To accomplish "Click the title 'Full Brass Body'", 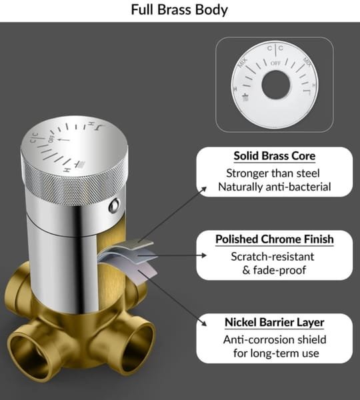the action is [x=179, y=10].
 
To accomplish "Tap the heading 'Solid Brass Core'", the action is [x=275, y=156].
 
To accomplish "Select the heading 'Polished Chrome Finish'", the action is [x=275, y=239].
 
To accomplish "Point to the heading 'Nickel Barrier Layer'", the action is [x=275, y=323].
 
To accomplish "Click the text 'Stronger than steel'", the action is [x=273, y=173].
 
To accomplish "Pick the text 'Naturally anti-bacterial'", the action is [x=275, y=187].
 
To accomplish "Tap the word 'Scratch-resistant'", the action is [x=273, y=257].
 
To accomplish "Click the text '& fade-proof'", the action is [x=274, y=270].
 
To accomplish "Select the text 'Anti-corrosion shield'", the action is [x=275, y=340].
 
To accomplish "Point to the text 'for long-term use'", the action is [x=276, y=353].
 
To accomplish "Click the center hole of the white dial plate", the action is [x=276, y=85].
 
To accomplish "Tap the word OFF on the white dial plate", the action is [x=275, y=63].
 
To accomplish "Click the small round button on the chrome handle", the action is [x=114, y=205].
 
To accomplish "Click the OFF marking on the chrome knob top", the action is [x=51, y=139].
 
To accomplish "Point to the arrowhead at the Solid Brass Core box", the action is [x=203, y=189].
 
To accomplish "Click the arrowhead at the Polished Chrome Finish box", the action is [x=204, y=255].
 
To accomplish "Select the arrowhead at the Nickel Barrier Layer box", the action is [x=204, y=323].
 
